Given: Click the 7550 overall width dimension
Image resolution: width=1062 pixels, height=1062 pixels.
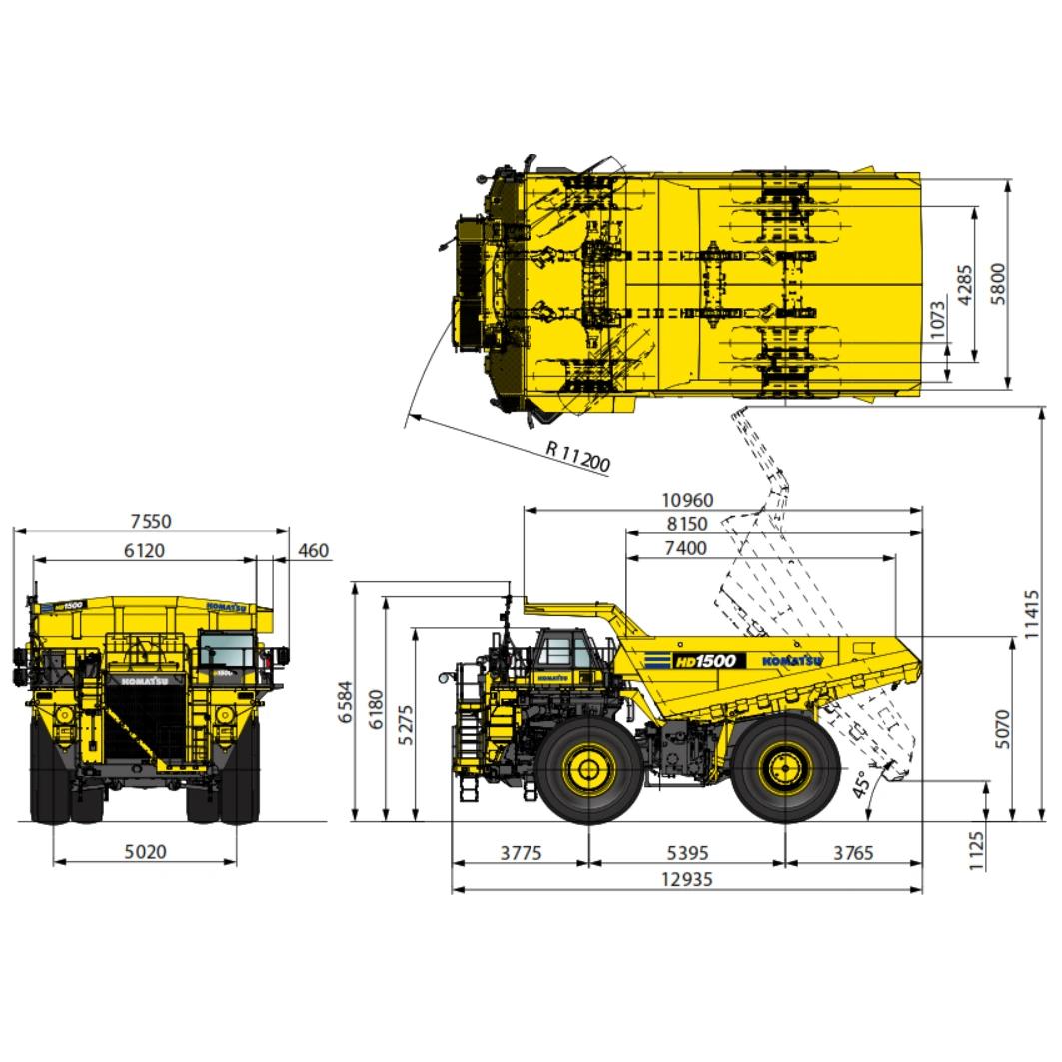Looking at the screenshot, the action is [x=151, y=521].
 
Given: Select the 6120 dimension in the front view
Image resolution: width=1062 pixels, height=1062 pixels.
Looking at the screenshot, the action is [x=144, y=550].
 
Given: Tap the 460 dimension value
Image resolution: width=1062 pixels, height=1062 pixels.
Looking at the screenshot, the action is [x=313, y=551].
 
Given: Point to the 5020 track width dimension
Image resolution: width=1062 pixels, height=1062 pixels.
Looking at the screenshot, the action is [x=145, y=851].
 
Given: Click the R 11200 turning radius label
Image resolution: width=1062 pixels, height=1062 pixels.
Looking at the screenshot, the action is [x=578, y=456].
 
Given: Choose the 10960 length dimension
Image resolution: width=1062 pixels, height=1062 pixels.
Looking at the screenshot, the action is [x=687, y=500].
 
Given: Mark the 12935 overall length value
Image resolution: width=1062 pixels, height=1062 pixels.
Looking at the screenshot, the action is [x=686, y=879].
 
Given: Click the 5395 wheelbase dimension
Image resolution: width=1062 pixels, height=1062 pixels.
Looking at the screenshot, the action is [x=687, y=853].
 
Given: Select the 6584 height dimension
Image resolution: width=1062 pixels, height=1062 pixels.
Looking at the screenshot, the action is [x=346, y=701].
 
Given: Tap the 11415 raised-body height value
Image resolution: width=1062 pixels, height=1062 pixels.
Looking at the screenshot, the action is [x=1030, y=614].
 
